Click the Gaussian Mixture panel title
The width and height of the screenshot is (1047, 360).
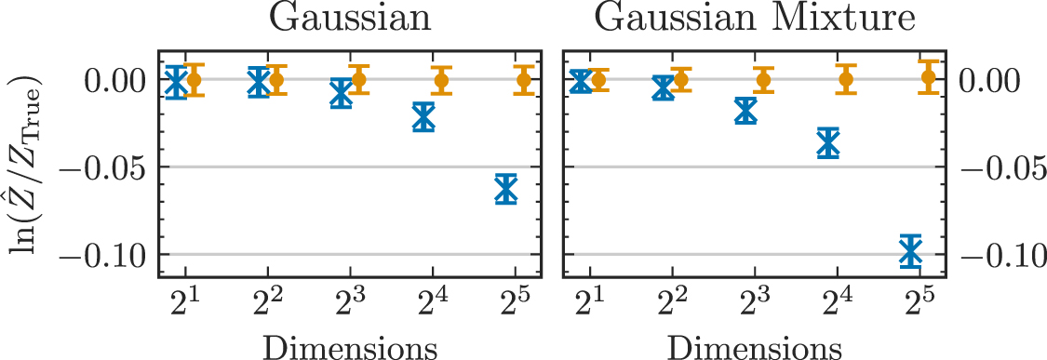point(754,20)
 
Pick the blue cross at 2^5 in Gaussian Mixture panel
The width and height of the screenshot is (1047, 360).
point(910,250)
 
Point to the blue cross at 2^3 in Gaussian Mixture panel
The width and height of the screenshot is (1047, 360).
point(745,111)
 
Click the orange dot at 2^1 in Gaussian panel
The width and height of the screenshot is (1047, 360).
point(194,80)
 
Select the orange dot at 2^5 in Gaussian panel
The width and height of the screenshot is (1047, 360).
point(524,80)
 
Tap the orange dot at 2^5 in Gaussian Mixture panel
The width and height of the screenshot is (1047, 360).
point(929,77)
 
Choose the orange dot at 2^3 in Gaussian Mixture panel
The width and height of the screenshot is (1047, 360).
point(763,80)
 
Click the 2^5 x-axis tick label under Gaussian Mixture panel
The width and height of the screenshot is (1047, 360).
point(919,303)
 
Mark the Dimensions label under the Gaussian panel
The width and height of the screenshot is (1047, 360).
point(350,347)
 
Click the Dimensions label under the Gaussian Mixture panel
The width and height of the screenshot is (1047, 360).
point(754,347)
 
